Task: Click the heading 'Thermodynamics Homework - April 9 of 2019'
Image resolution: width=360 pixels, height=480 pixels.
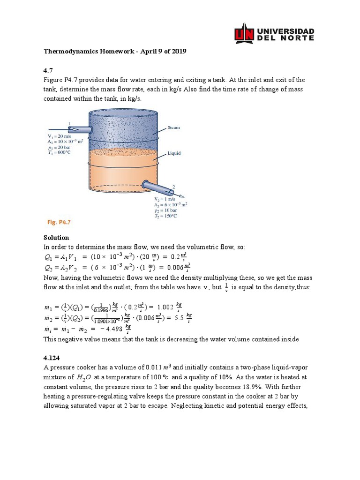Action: [x=115, y=52]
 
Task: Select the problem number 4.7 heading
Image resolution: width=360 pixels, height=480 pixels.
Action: [x=48, y=70]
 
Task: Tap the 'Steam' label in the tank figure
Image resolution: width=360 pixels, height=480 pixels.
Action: [x=174, y=127]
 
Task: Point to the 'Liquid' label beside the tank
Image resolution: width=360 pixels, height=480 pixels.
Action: [x=174, y=153]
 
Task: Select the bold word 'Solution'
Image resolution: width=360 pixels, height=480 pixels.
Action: [x=56, y=238]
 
